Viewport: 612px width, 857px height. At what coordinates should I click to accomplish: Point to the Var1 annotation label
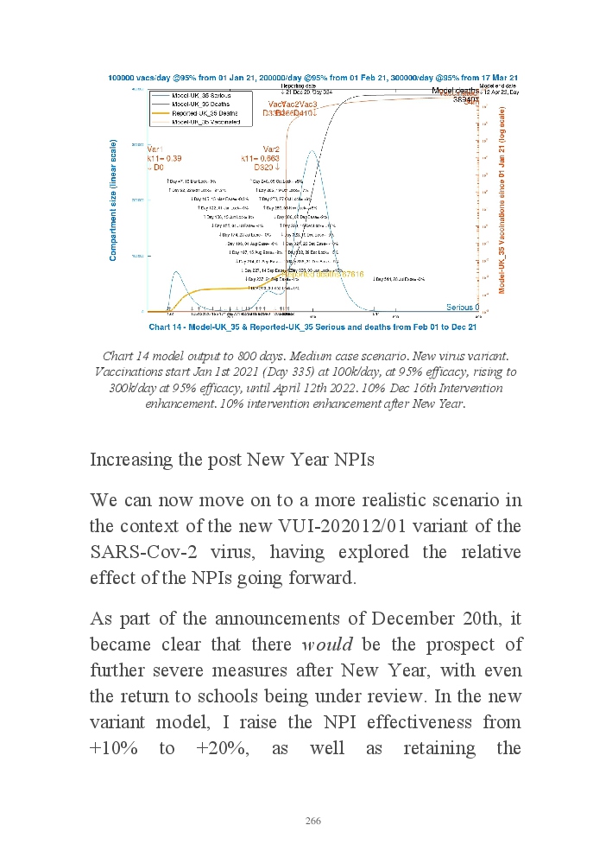point(156,149)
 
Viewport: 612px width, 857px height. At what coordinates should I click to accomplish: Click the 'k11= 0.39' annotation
point(163,159)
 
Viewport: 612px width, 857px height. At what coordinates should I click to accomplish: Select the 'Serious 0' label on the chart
point(462,308)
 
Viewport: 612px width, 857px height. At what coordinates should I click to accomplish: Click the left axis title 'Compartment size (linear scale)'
point(113,200)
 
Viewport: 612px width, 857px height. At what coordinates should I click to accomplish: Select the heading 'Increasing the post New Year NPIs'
point(231,460)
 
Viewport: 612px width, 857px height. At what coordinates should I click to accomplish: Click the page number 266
point(313,821)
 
